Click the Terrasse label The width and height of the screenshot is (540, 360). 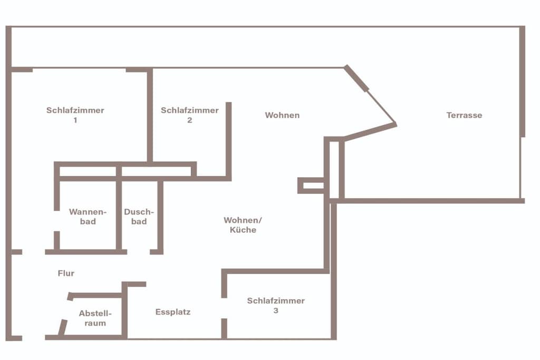pos(464,115)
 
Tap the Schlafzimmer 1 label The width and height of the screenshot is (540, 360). pos(75,115)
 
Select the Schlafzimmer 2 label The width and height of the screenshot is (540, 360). pos(190,115)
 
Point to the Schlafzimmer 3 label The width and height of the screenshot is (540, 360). pos(276,305)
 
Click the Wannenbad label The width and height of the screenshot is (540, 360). pos(88,217)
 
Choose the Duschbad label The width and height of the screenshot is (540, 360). pos(139,217)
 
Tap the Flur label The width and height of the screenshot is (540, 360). pos(66,273)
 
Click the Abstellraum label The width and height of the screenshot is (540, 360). pos(95,318)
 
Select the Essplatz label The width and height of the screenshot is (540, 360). pos(173,312)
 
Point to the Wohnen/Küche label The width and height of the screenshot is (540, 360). pos(243,225)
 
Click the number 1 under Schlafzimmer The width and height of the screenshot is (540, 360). pos(75,120)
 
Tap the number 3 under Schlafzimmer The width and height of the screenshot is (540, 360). pos(276,310)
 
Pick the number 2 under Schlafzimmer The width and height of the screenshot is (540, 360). pos(190,120)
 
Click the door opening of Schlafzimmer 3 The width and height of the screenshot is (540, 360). pos(224,308)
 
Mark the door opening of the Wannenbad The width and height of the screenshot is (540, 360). pos(57,221)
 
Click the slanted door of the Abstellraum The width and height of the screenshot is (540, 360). pos(63,327)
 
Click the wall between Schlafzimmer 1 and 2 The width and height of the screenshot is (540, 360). pos(150,114)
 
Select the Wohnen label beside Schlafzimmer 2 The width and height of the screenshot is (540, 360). pos(283,115)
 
